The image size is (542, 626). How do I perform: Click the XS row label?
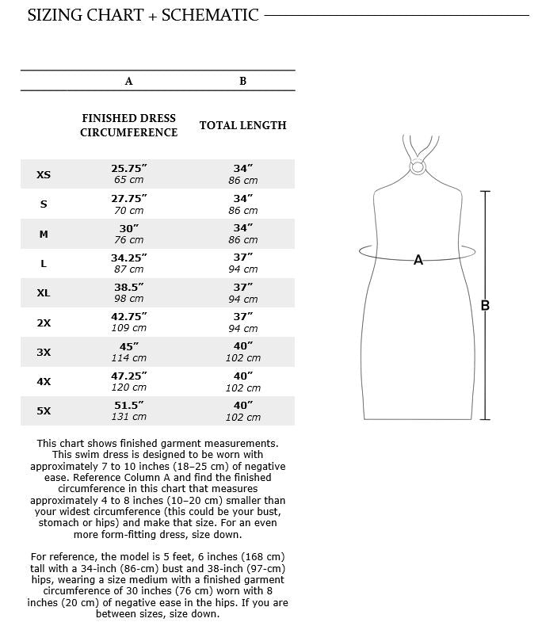[x=44, y=174]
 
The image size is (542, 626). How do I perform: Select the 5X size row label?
[x=44, y=410]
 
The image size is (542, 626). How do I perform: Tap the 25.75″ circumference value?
[x=128, y=168]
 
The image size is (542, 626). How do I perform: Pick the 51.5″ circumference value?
[x=128, y=405]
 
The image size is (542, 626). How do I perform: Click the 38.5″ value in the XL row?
[x=128, y=287]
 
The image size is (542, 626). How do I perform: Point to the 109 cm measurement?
[x=128, y=328]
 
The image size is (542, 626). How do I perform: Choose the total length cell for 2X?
[x=242, y=322]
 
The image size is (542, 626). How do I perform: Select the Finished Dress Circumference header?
[x=128, y=125]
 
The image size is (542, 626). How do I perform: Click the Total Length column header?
[x=242, y=125]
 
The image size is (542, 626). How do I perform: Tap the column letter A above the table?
[x=128, y=81]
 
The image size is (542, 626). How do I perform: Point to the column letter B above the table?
[x=242, y=81]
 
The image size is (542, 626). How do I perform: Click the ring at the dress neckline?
[x=418, y=166]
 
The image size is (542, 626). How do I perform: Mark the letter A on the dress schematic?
[x=418, y=260]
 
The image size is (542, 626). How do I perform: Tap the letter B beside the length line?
[x=485, y=306]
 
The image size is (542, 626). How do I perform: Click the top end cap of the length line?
[x=485, y=191]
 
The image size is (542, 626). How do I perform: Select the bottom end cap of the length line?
[x=485, y=419]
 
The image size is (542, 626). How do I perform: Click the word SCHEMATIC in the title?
[x=210, y=15]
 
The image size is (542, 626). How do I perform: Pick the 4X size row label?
[x=44, y=381]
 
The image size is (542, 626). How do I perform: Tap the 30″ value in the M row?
[x=128, y=227]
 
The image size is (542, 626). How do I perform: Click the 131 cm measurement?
[x=128, y=417]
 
